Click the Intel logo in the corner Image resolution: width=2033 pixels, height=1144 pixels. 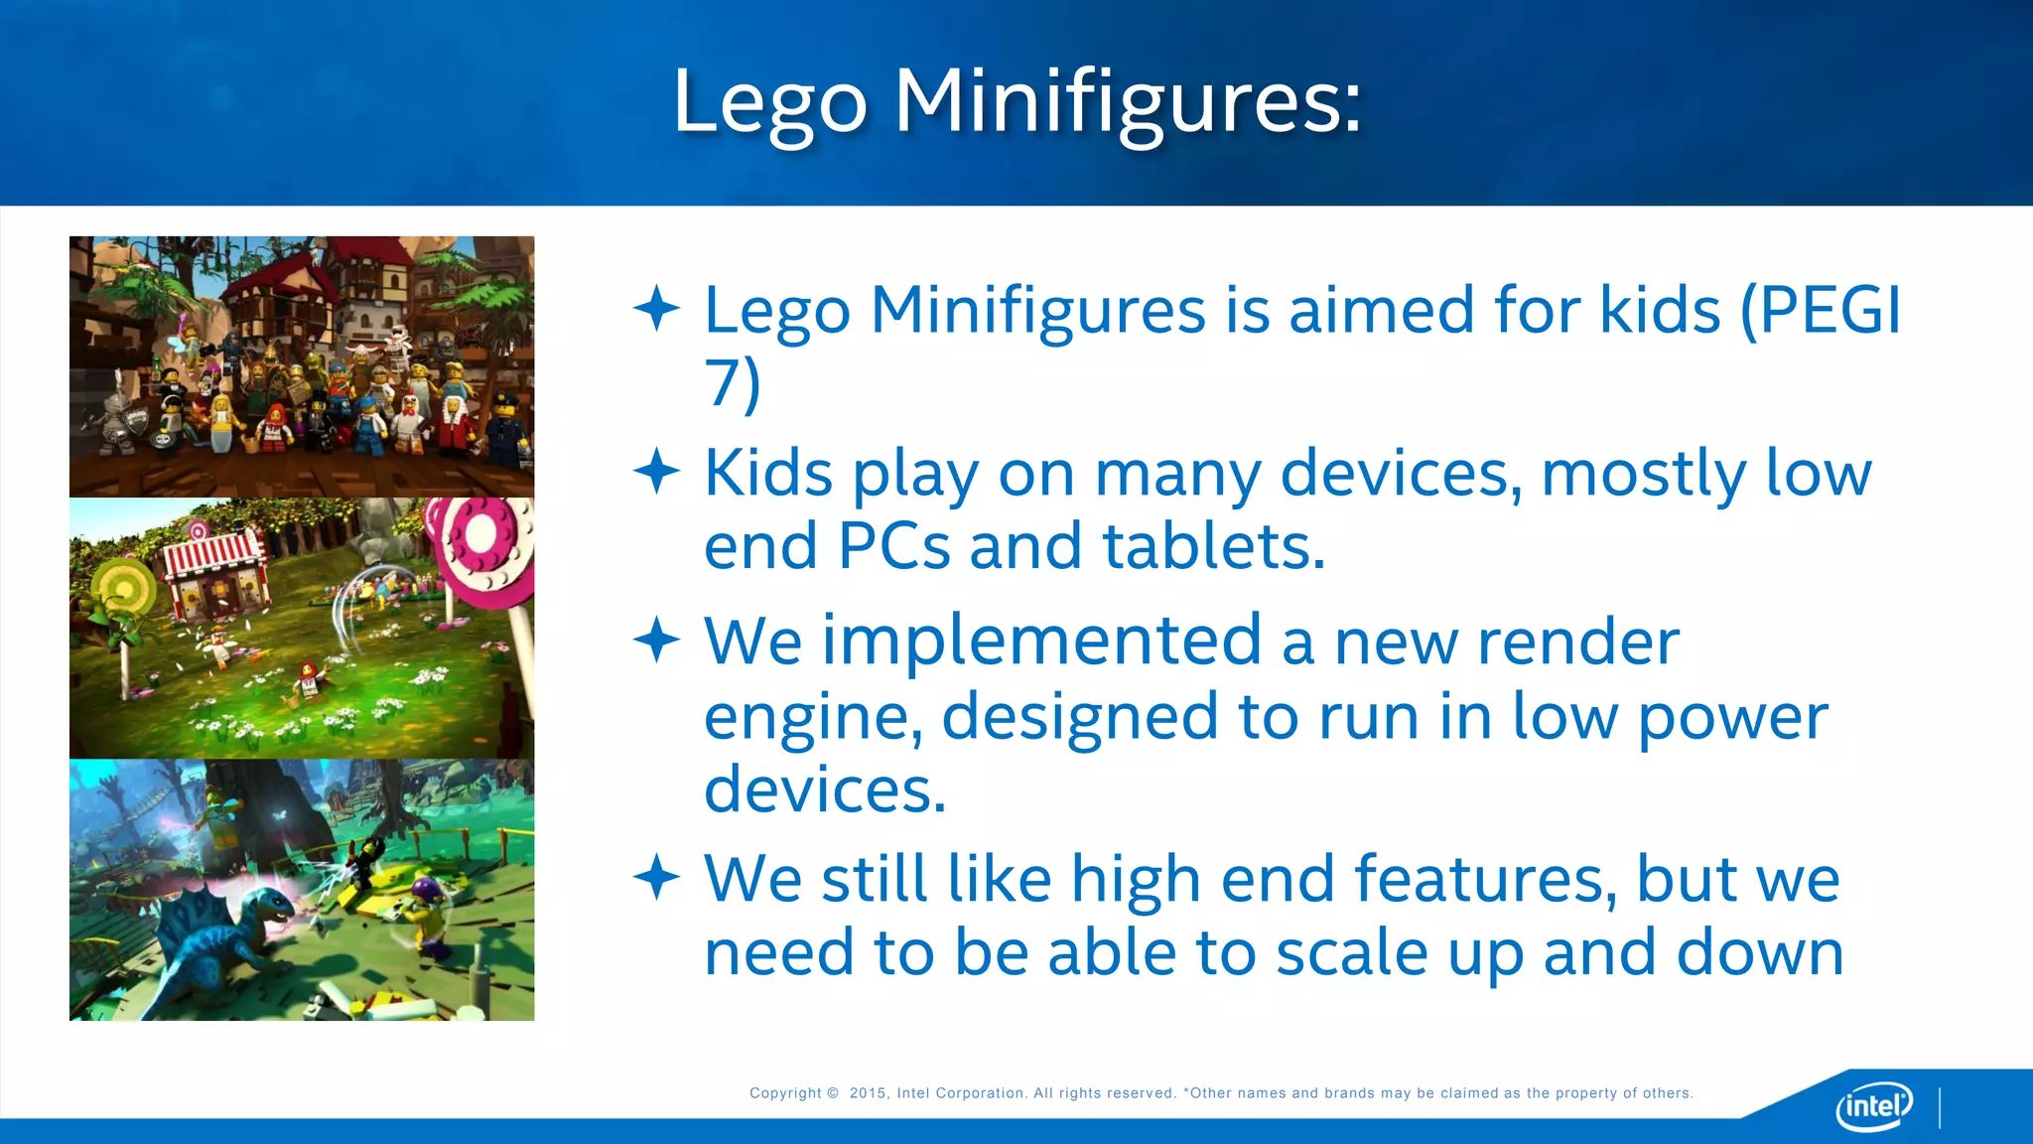pos(1874,1105)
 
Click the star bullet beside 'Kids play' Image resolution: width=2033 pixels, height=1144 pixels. pos(656,471)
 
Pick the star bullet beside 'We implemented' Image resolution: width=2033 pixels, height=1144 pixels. pos(656,640)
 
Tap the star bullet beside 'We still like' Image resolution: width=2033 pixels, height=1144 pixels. pos(656,877)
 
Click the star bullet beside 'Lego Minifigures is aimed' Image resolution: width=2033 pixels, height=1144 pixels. pos(656,308)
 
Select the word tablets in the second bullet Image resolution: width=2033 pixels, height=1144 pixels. pos(1213,546)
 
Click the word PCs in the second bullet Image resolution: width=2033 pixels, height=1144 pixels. pos(893,546)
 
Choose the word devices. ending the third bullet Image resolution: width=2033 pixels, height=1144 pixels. pos(825,789)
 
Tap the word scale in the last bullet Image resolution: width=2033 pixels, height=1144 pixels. pos(1351,952)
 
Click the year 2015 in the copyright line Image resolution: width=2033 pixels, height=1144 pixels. pos(868,1093)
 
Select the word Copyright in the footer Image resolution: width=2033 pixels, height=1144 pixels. pos(785,1093)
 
